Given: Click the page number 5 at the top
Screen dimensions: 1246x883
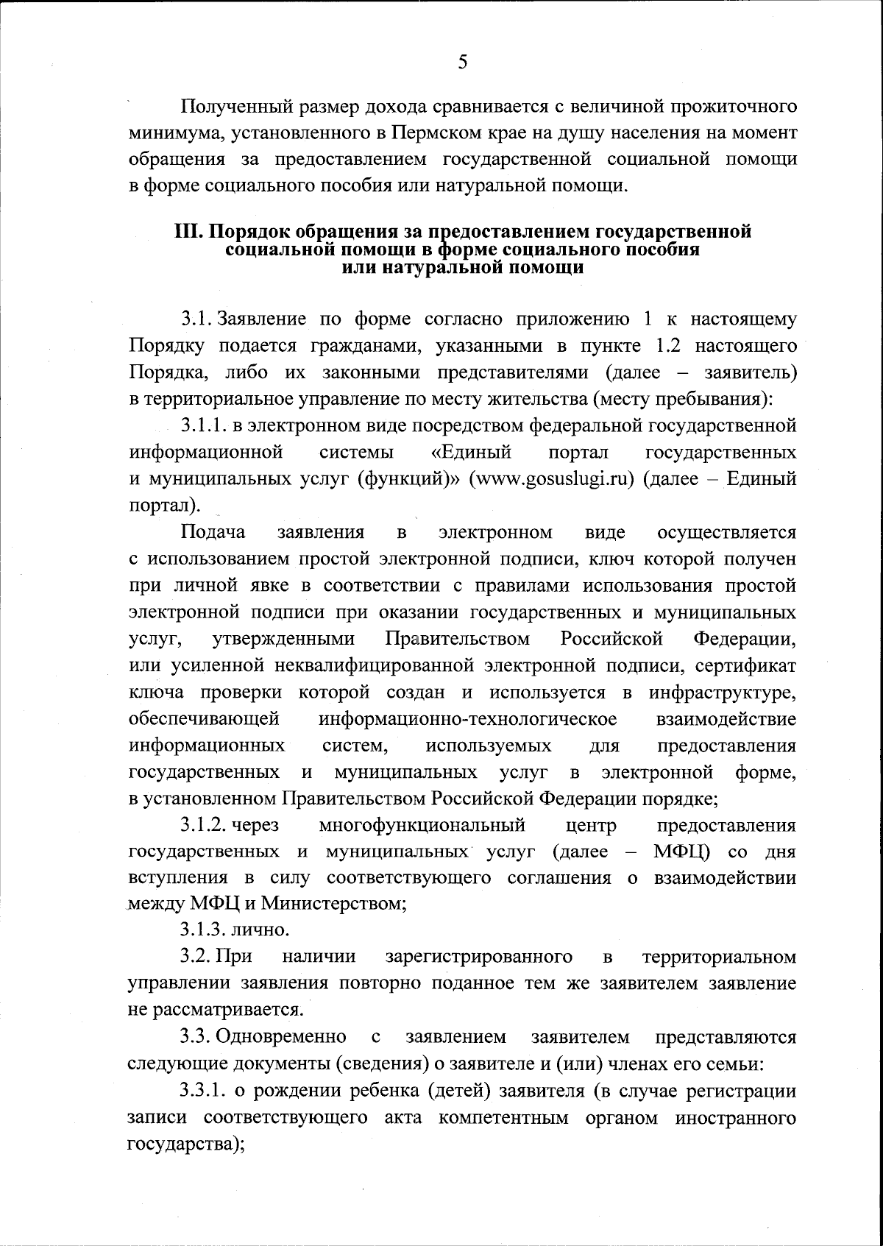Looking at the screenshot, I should (462, 62).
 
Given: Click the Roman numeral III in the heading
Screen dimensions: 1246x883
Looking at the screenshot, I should (188, 232).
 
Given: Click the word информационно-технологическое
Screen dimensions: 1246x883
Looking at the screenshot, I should (467, 718).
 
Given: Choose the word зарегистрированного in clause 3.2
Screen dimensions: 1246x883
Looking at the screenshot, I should (479, 957).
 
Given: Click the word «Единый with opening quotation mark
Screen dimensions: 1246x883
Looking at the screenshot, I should (471, 451).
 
